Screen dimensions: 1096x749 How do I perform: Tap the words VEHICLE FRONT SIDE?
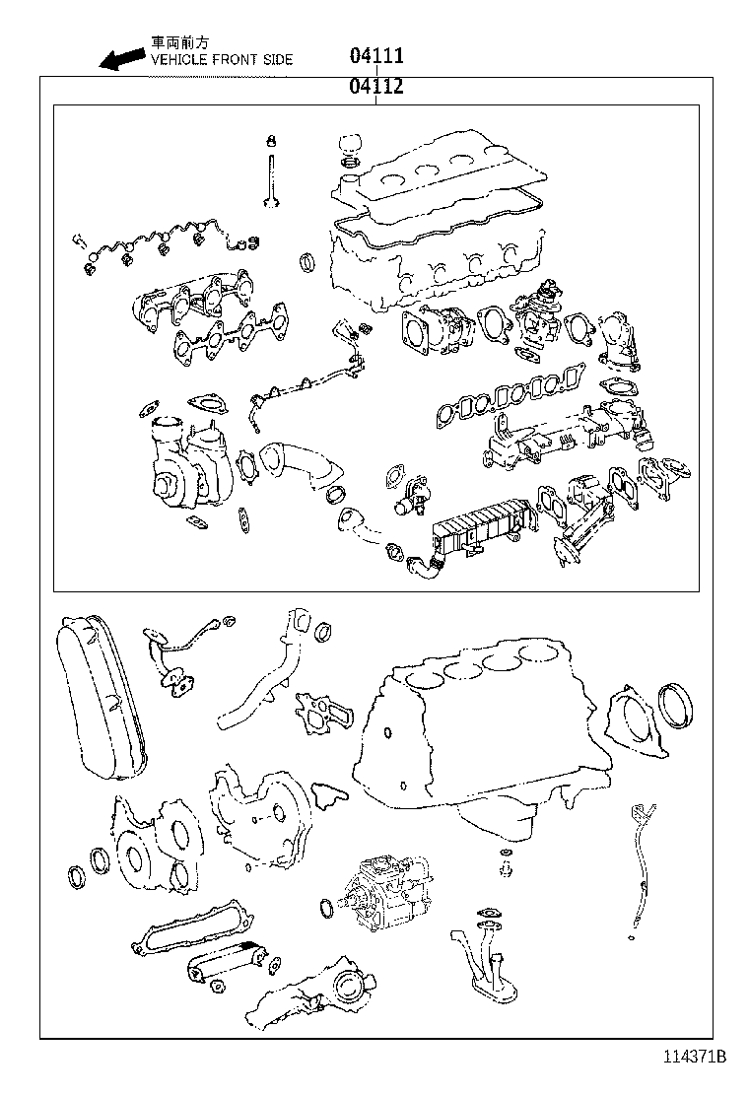click(221, 60)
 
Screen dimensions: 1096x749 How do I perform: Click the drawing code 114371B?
click(693, 1057)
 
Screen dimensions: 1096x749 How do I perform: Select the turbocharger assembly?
click(187, 459)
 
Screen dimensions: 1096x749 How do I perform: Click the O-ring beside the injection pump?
click(327, 907)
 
